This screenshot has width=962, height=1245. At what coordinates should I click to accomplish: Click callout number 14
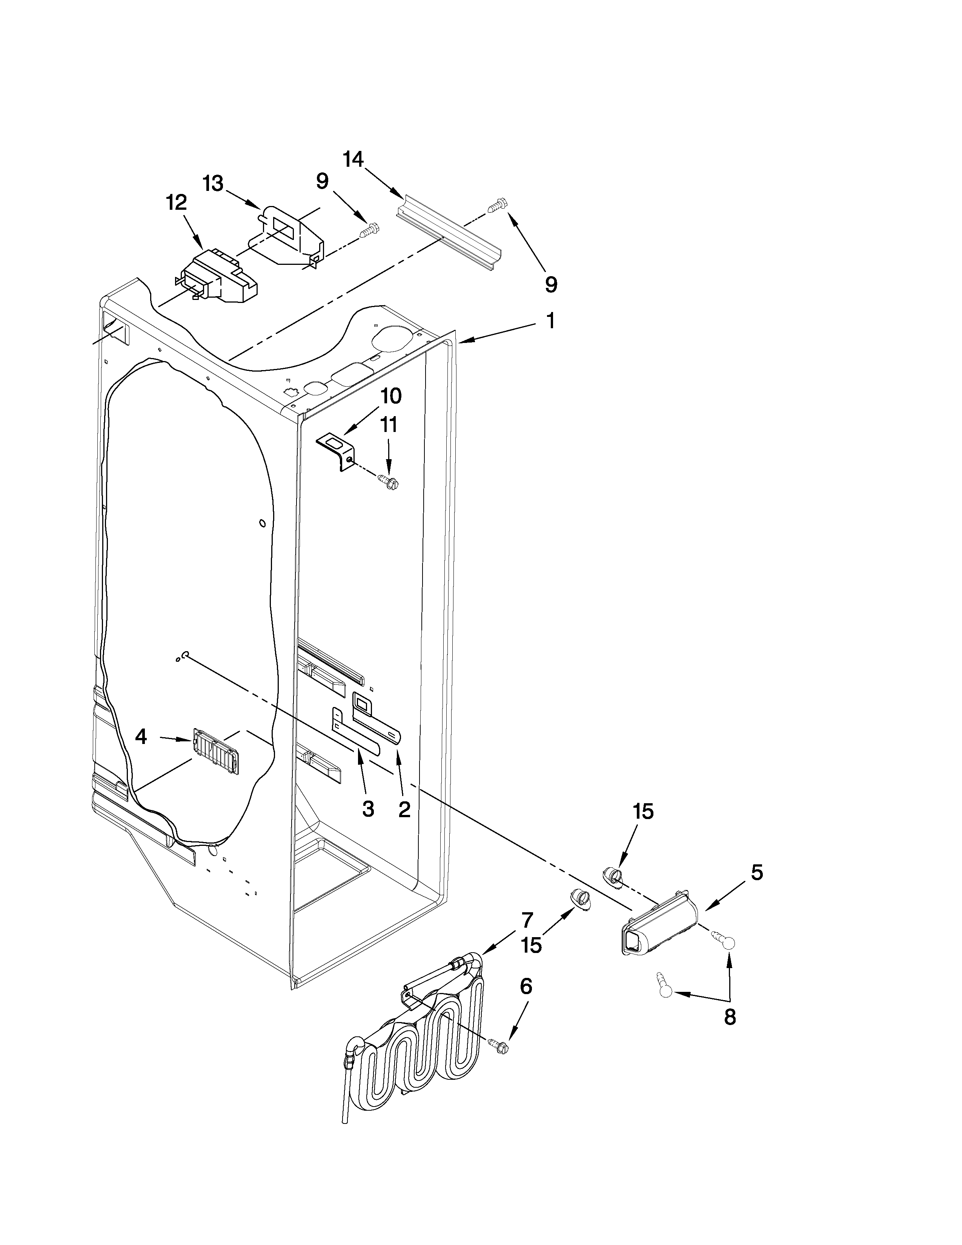coord(353,159)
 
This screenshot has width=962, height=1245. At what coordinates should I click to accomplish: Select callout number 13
coord(213,184)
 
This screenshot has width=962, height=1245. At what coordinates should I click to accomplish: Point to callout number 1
coord(550,321)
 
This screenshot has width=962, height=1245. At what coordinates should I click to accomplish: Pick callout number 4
coord(141,737)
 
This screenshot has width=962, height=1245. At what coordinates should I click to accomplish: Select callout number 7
coord(527,919)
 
